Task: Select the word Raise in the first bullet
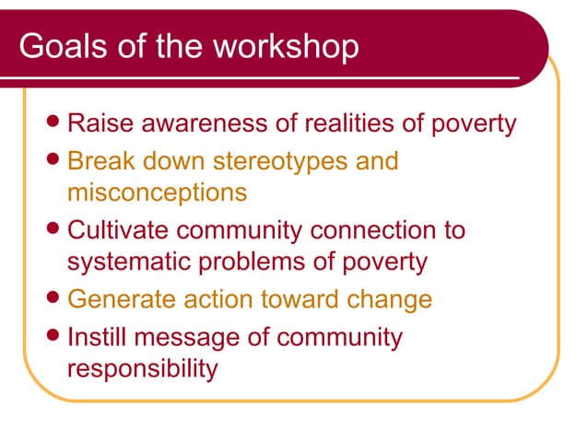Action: click(100, 123)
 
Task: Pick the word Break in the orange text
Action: click(102, 161)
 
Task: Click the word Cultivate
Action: click(118, 230)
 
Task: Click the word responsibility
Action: click(142, 369)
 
